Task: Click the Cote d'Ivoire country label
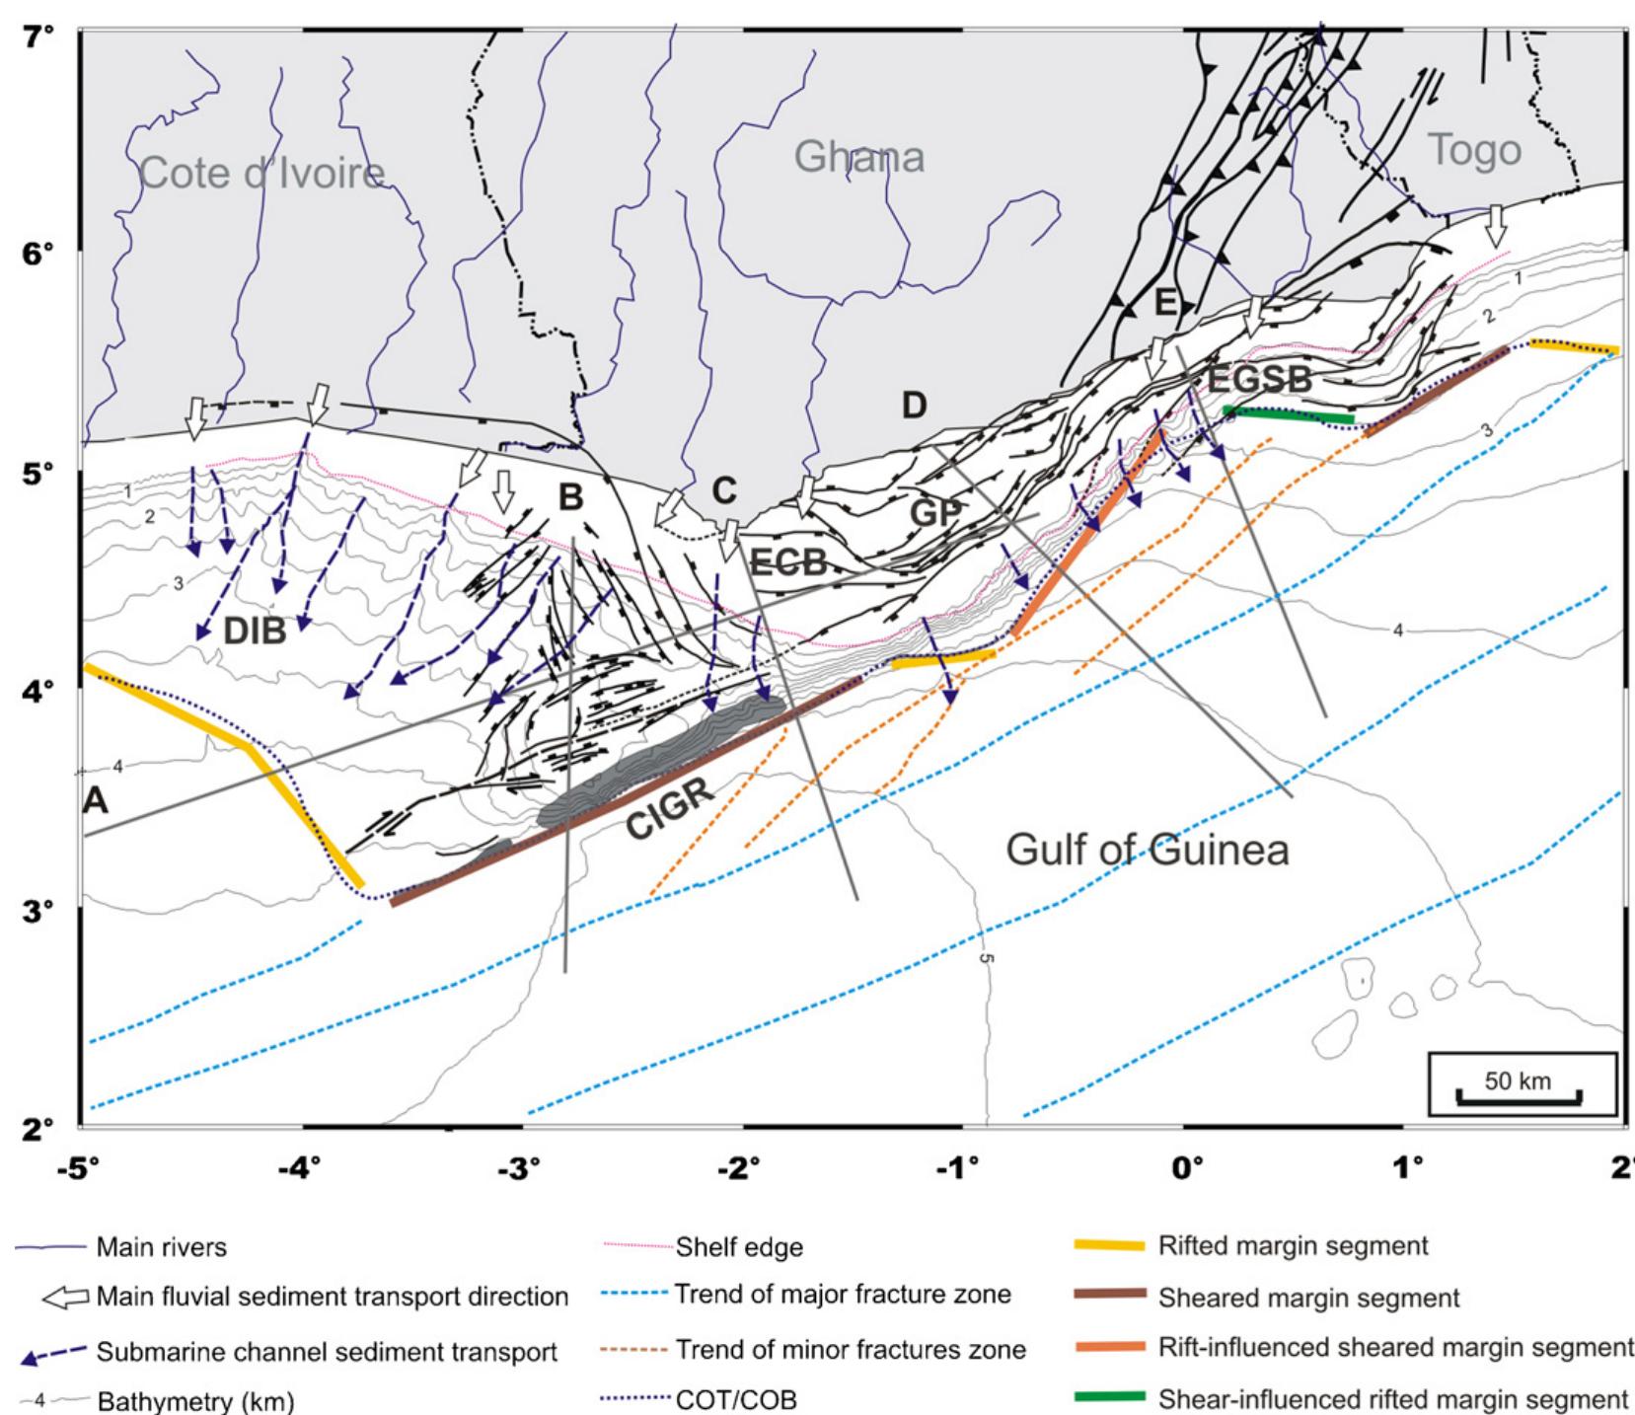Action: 261,174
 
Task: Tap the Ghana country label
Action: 858,157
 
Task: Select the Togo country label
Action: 1474,150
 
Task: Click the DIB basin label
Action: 255,631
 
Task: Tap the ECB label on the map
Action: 788,562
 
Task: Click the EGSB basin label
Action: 1260,379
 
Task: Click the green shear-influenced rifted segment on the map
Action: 1288,414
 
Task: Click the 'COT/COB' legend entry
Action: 735,1399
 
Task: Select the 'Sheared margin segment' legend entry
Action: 1308,1298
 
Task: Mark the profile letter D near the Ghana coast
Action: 914,405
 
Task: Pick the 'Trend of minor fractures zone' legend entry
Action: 849,1350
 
